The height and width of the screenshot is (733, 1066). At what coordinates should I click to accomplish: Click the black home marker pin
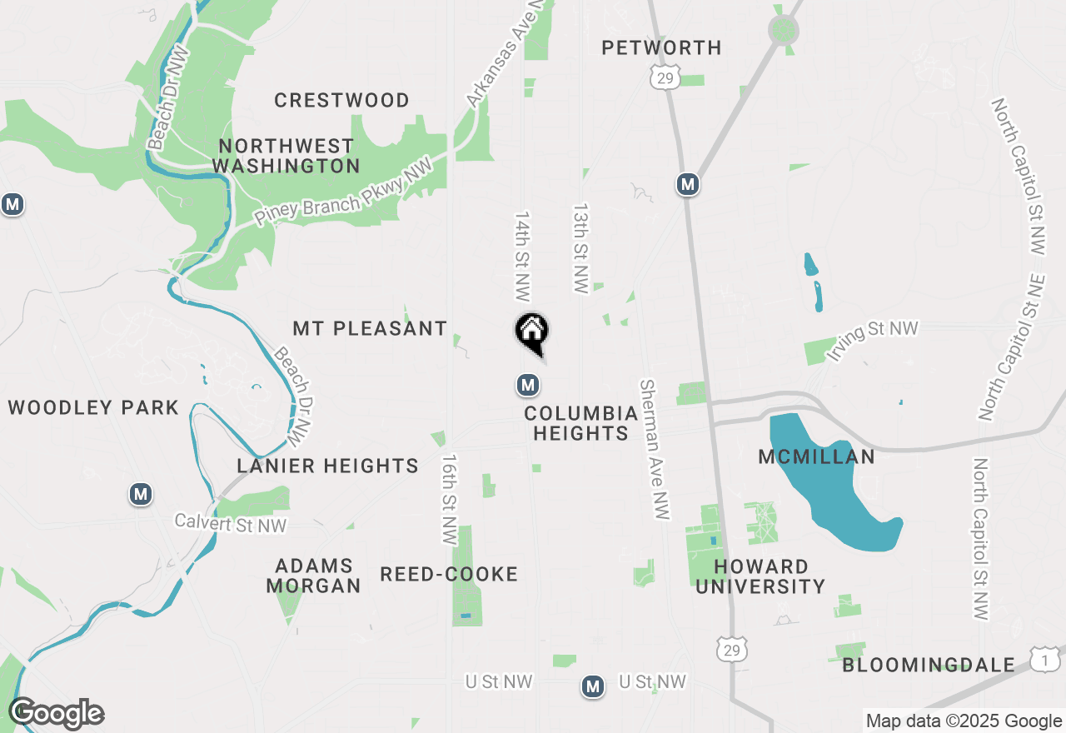tap(531, 332)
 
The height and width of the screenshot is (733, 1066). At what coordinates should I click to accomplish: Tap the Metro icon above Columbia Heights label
tap(527, 385)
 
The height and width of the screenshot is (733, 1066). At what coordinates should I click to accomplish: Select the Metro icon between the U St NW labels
tap(593, 686)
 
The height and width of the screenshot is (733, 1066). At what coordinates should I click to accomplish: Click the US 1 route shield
tap(1044, 660)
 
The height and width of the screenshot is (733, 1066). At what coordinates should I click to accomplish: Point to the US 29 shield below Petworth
tap(665, 78)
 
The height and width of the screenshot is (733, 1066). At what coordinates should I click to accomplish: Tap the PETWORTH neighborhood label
tap(662, 48)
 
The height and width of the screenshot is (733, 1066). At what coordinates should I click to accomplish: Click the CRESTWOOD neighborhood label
tap(341, 101)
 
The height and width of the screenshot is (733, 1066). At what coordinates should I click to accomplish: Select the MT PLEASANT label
tap(370, 329)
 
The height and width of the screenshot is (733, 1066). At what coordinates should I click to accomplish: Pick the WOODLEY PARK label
tap(93, 408)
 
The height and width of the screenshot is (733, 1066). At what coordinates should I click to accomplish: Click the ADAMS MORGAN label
tap(313, 576)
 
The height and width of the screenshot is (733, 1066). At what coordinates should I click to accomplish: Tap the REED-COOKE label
tap(449, 575)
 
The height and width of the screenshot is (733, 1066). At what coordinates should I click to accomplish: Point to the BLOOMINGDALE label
tap(929, 665)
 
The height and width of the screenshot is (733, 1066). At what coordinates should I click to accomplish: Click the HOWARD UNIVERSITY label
tap(760, 576)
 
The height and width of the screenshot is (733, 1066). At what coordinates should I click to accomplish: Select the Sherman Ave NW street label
tap(655, 450)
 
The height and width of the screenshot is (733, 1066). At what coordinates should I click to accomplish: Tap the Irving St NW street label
tap(872, 340)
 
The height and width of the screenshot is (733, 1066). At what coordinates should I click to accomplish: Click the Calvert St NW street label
tap(230, 525)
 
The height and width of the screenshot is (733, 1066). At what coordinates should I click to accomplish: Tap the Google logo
tap(56, 714)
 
